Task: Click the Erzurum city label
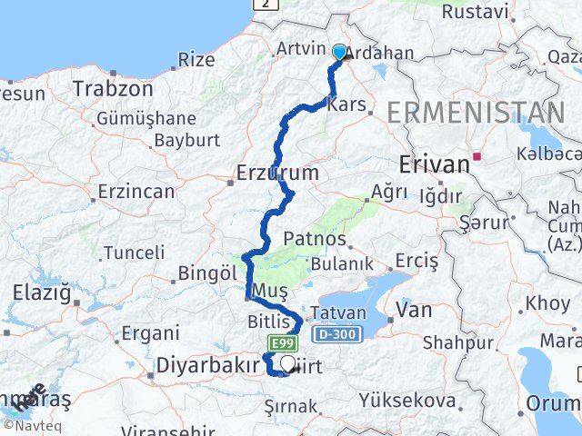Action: click(277, 173)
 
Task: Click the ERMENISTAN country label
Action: click(476, 114)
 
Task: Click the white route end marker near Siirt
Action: click(287, 364)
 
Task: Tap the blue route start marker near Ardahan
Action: click(340, 53)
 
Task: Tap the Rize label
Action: click(196, 60)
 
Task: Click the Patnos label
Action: click(315, 239)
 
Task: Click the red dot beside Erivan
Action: click(477, 155)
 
